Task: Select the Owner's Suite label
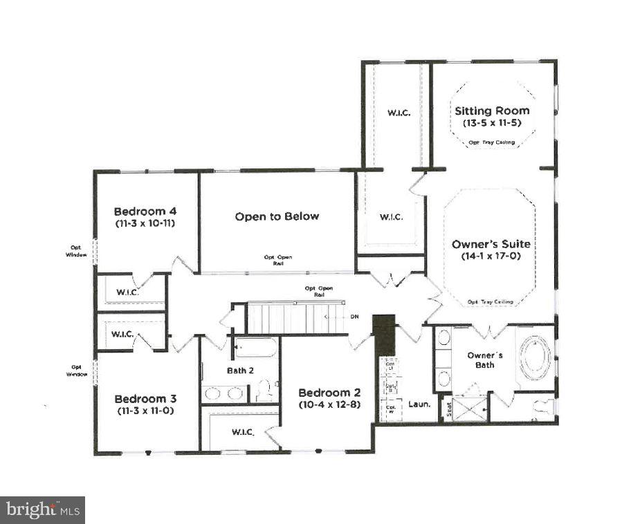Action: point(491,244)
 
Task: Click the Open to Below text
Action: point(277,216)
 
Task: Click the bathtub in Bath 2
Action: point(255,348)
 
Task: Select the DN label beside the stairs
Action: point(354,317)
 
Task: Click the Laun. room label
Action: point(419,404)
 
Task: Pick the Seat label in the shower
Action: point(448,410)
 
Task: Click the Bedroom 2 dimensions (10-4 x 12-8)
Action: point(329,404)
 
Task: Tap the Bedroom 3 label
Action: point(145,399)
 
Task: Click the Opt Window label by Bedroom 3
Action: point(76,371)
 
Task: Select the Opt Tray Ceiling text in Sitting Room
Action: point(491,142)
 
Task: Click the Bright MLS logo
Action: point(42,509)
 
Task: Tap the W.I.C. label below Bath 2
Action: point(243,432)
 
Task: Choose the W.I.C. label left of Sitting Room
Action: point(397,113)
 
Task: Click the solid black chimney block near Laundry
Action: point(383,335)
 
